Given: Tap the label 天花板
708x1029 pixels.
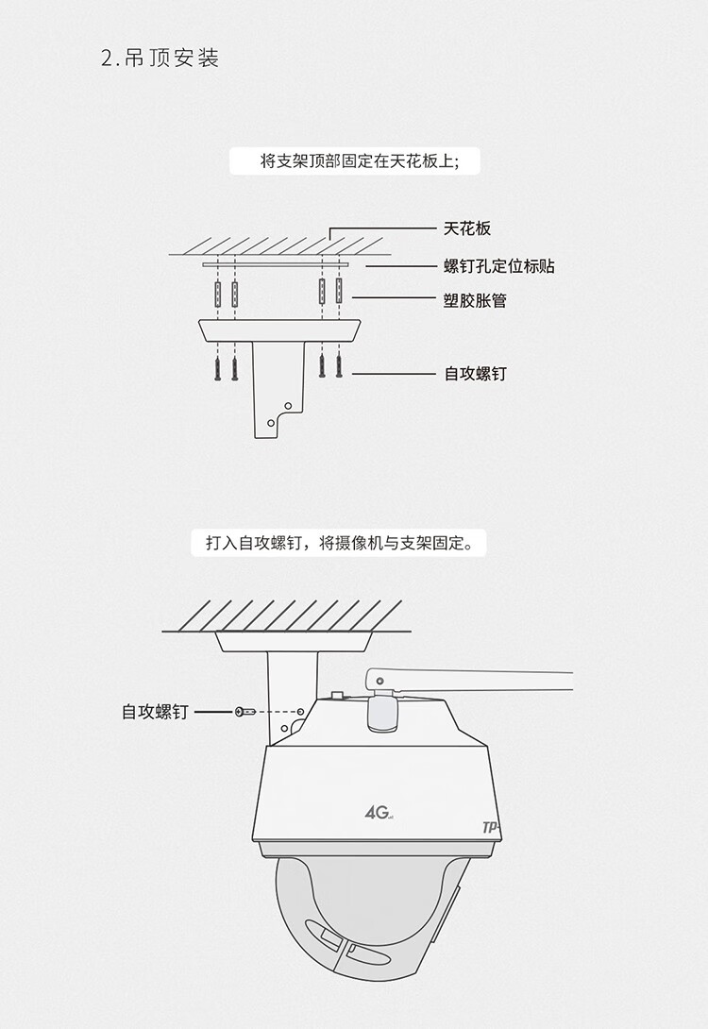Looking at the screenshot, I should [467, 228].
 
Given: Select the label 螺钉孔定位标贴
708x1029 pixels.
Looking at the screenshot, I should [498, 266].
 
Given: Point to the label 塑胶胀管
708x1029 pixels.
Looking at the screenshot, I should [475, 301].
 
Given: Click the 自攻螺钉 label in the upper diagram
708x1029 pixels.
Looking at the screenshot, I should [475, 374].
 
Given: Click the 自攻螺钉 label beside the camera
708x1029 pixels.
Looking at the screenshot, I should [155, 712].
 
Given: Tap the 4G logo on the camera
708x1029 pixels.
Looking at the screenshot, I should [377, 811].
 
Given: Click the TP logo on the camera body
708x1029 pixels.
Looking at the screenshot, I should [490, 827].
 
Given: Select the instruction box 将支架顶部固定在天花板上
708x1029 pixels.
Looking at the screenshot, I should [355, 161].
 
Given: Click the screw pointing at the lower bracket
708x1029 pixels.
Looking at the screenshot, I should [244, 711].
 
